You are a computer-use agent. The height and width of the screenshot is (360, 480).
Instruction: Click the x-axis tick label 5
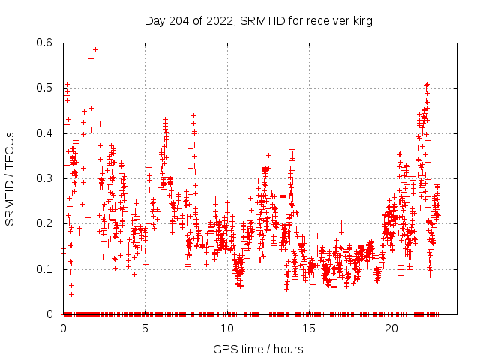[145, 328]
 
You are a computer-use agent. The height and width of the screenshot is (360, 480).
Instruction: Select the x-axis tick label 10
[227, 328]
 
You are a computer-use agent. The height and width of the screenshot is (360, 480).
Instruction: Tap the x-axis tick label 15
[309, 328]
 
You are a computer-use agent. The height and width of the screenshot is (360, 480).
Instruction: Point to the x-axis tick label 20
[391, 328]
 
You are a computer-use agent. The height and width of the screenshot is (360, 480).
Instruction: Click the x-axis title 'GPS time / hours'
[258, 349]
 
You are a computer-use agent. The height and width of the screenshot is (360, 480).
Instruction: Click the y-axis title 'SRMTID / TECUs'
[10, 178]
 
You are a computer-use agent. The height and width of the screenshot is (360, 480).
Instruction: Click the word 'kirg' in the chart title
[360, 20]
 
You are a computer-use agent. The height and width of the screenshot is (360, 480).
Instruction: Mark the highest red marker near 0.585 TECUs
[95, 50]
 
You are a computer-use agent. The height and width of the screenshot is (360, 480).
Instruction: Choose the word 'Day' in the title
[154, 20]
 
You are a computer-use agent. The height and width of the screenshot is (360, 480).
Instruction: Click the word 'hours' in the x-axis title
[289, 349]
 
